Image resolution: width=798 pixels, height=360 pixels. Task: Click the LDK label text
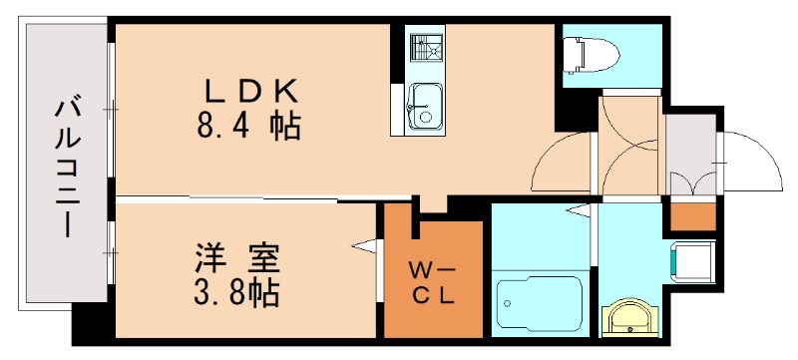[252, 91]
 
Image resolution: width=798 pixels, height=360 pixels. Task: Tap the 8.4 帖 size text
[250, 127]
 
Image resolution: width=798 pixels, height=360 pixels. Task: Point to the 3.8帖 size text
[236, 293]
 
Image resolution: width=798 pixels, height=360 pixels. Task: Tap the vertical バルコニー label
[67, 166]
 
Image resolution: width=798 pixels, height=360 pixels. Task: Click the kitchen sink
[427, 105]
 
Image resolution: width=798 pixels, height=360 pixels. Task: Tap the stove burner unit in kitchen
[427, 47]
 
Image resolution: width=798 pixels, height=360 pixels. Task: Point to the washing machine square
[690, 260]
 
